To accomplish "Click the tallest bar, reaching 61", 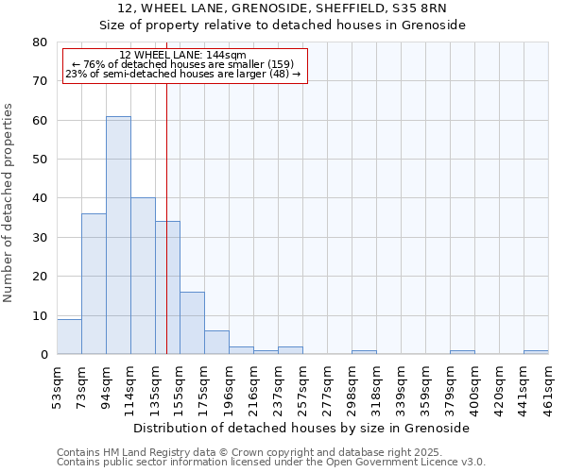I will click(x=118, y=235).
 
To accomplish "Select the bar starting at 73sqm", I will click(x=94, y=283).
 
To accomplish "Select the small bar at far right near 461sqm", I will click(x=536, y=352).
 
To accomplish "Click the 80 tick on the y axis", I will click(x=40, y=42).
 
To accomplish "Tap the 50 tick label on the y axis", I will click(x=40, y=160).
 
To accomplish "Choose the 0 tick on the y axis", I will click(x=43, y=355).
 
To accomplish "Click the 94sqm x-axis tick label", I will click(x=106, y=385).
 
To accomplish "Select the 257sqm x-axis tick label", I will click(x=302, y=385).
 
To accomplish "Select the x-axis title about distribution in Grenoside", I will click(x=301, y=428).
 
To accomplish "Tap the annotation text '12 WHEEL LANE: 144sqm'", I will click(x=183, y=56).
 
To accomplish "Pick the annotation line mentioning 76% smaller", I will click(x=183, y=64).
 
